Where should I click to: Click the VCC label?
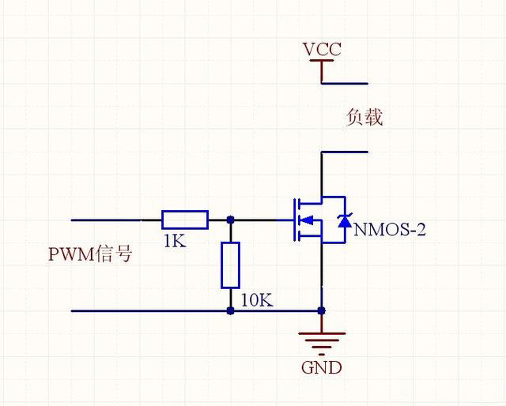(322, 50)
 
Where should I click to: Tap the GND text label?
(322, 367)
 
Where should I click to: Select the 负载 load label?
(364, 118)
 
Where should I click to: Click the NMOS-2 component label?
(390, 230)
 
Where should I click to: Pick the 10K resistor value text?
(257, 301)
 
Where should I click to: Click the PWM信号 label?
(90, 254)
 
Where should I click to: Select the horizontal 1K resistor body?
(185, 220)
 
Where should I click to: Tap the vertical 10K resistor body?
(230, 265)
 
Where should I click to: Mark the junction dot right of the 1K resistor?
(230, 220)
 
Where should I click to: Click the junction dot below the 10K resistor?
(230, 310)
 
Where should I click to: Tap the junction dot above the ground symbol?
(322, 310)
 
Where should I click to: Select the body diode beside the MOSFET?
(344, 220)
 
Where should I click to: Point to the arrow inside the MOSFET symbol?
(308, 220)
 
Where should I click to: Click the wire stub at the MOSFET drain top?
(344, 152)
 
